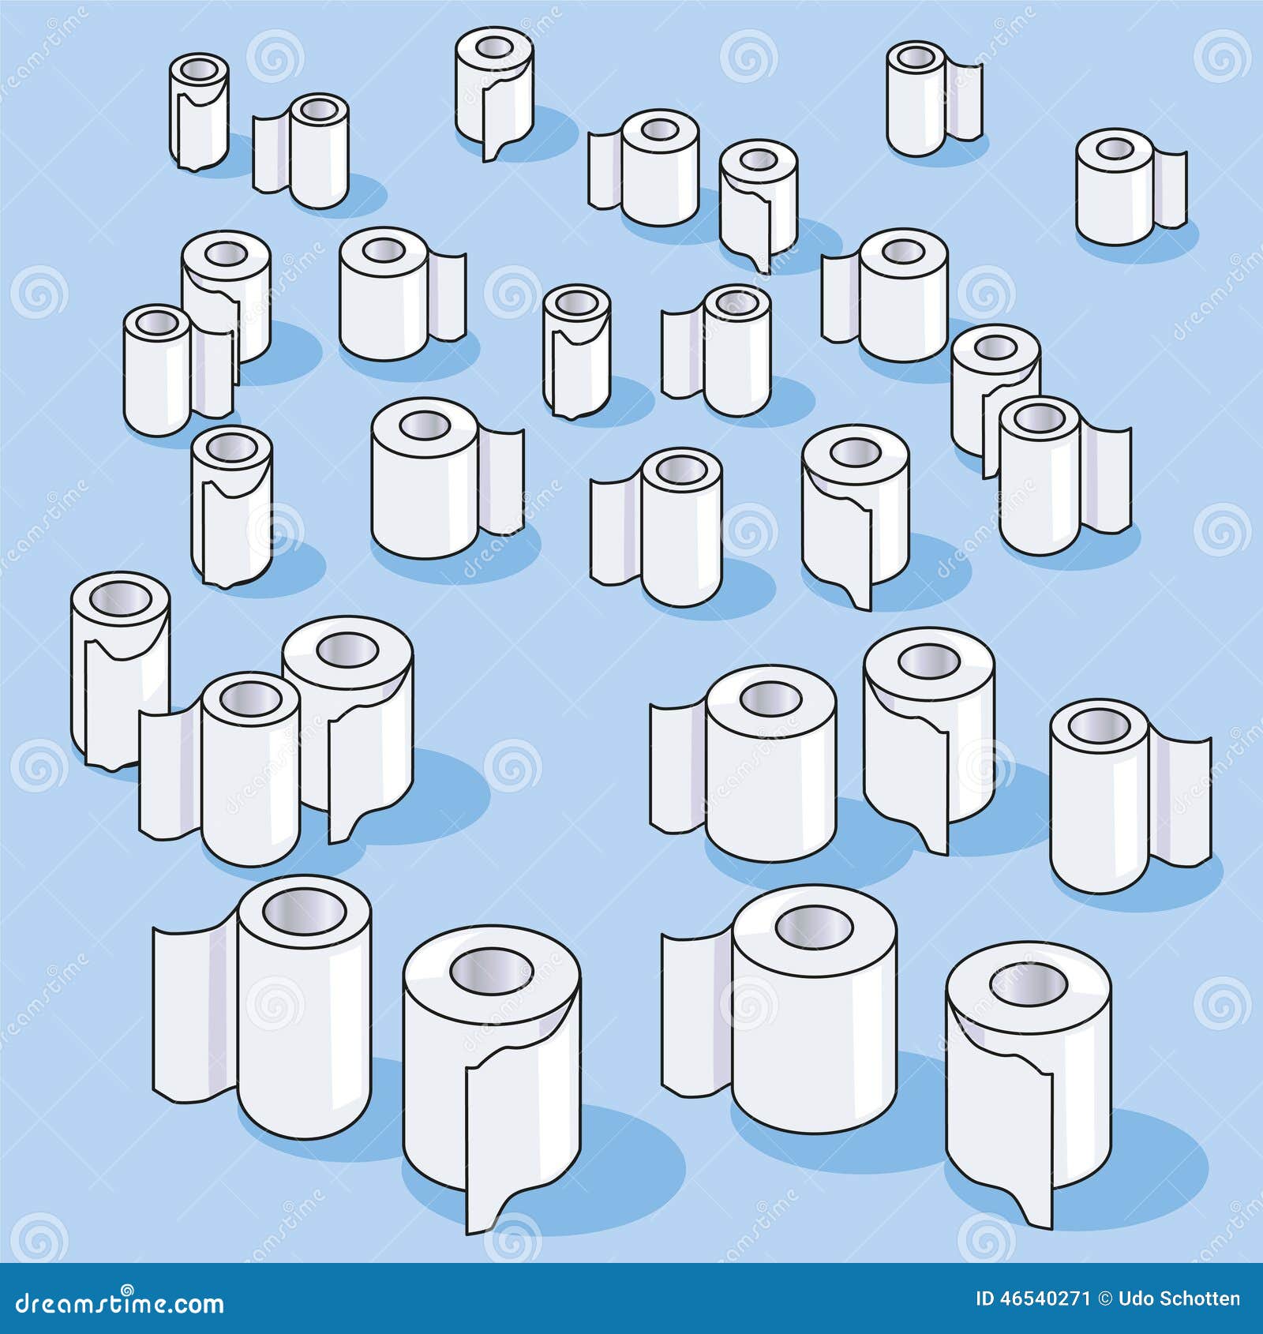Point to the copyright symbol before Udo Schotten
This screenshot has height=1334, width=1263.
click(x=1106, y=1299)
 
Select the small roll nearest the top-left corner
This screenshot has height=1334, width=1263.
click(x=199, y=111)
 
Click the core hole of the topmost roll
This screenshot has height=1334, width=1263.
click(x=494, y=48)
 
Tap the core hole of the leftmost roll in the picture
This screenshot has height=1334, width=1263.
click(x=119, y=600)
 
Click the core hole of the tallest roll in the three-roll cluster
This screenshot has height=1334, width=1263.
click(x=347, y=650)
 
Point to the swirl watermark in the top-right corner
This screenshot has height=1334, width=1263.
click(x=1220, y=55)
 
